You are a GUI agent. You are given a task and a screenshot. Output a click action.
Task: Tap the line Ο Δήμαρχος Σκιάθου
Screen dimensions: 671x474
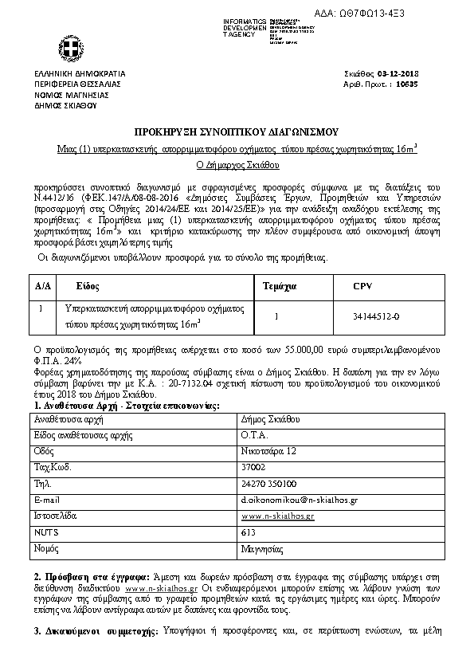237,165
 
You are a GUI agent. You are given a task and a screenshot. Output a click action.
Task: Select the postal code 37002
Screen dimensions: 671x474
253,467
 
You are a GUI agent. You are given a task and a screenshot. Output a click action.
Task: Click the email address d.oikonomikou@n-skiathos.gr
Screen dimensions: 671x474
299,500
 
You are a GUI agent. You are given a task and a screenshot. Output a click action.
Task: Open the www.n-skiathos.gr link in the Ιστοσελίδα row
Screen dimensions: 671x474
277,516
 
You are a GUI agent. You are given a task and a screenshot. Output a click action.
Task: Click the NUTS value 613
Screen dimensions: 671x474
248,532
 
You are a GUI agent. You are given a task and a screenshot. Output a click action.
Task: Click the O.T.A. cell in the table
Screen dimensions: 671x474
255,434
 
